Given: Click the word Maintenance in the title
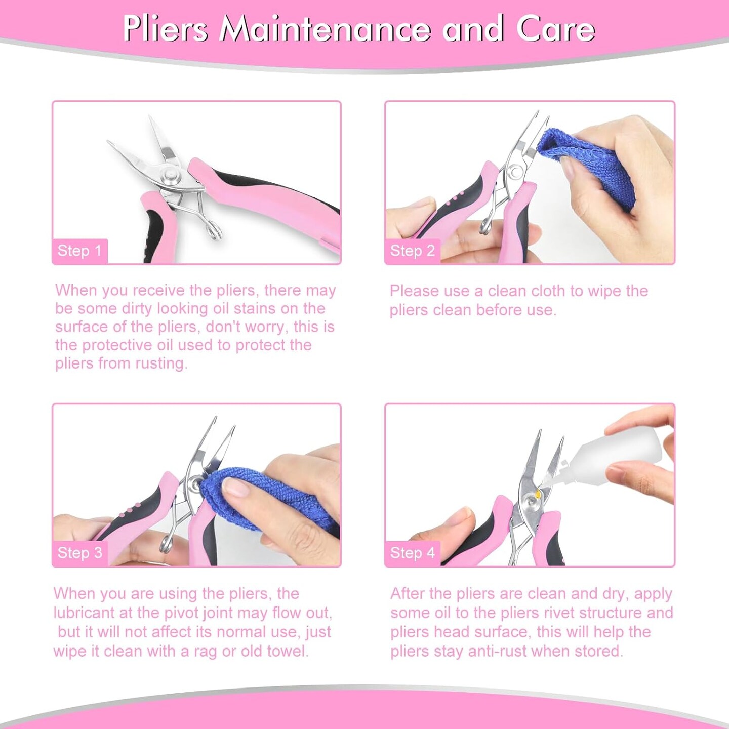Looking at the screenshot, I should [325, 29].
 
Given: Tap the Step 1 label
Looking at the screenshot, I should [79, 251].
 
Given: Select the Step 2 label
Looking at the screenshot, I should [412, 251].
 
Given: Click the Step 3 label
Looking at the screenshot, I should [79, 553].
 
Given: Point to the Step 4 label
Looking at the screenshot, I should [412, 553].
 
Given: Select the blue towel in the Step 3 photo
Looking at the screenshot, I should [263, 499].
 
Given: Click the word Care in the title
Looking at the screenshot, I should [555, 29].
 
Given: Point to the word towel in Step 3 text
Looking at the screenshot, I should [287, 651].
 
